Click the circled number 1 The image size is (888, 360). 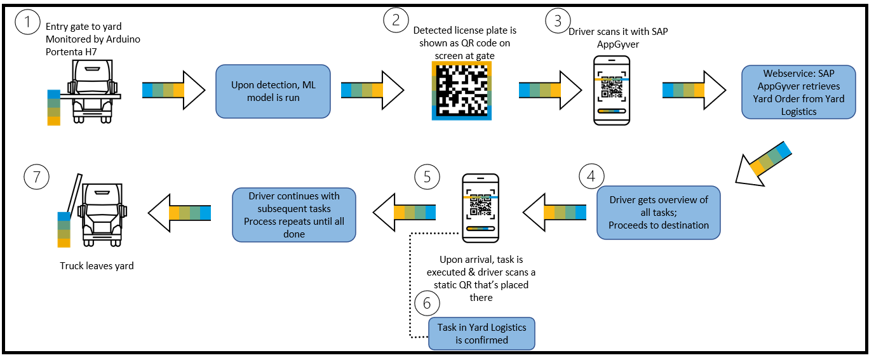(x=27, y=24)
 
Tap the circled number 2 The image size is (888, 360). (x=396, y=21)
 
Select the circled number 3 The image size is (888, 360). (x=558, y=21)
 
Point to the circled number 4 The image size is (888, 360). (x=591, y=176)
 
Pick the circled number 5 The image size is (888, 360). (x=426, y=176)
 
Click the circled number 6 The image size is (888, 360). (x=426, y=303)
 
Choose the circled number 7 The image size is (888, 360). (x=36, y=176)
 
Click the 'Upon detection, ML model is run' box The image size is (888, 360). (x=273, y=91)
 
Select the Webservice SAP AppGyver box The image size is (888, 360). (x=799, y=92)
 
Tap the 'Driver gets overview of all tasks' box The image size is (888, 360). (x=659, y=212)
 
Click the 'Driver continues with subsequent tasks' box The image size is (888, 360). (x=294, y=215)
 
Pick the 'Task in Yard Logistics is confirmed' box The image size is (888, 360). (x=481, y=333)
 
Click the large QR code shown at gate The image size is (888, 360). (x=461, y=90)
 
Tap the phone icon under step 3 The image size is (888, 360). (x=612, y=90)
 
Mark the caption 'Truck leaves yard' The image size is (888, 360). (x=97, y=266)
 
